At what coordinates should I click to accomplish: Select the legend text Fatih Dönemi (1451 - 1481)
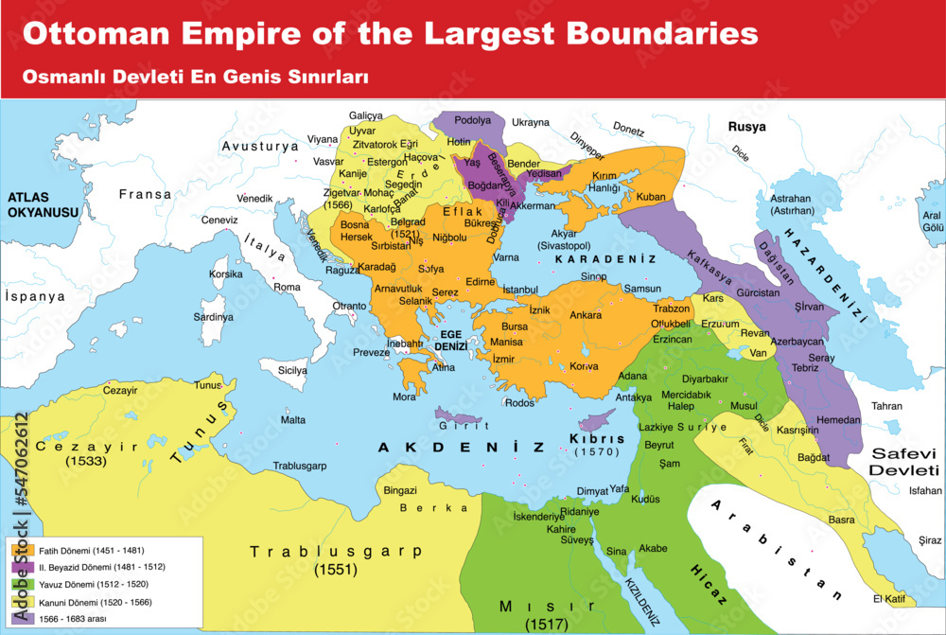tap(91, 550)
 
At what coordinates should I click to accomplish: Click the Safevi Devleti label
tap(904, 462)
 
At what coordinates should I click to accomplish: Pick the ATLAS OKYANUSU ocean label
tap(42, 205)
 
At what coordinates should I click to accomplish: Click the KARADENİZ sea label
tap(605, 257)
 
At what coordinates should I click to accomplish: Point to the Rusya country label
tap(746, 126)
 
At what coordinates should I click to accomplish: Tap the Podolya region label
tap(474, 120)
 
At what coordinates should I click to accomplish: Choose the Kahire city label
tap(562, 529)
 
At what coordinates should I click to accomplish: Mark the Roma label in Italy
tap(287, 287)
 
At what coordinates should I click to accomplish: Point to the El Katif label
tap(890, 598)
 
